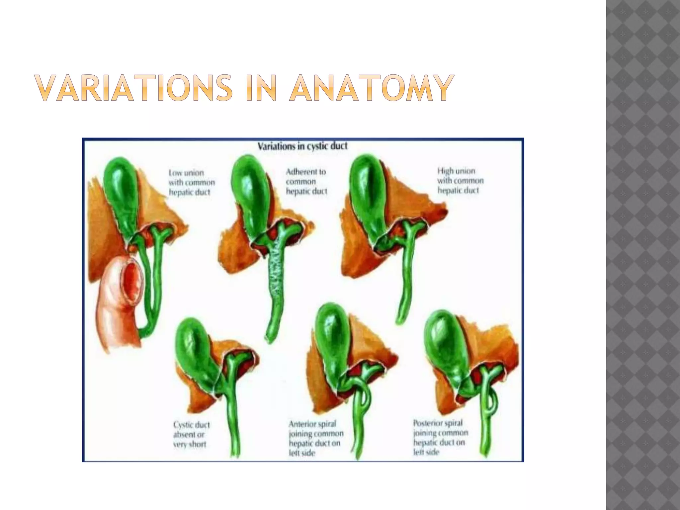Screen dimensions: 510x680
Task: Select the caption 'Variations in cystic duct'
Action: pos(302,146)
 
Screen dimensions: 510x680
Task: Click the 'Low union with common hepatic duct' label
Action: pos(192,182)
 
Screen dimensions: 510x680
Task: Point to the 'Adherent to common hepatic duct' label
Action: pos(306,181)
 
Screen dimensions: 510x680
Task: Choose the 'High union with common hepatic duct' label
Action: pos(460,181)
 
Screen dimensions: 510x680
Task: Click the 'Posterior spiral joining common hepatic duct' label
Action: pos(440,437)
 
